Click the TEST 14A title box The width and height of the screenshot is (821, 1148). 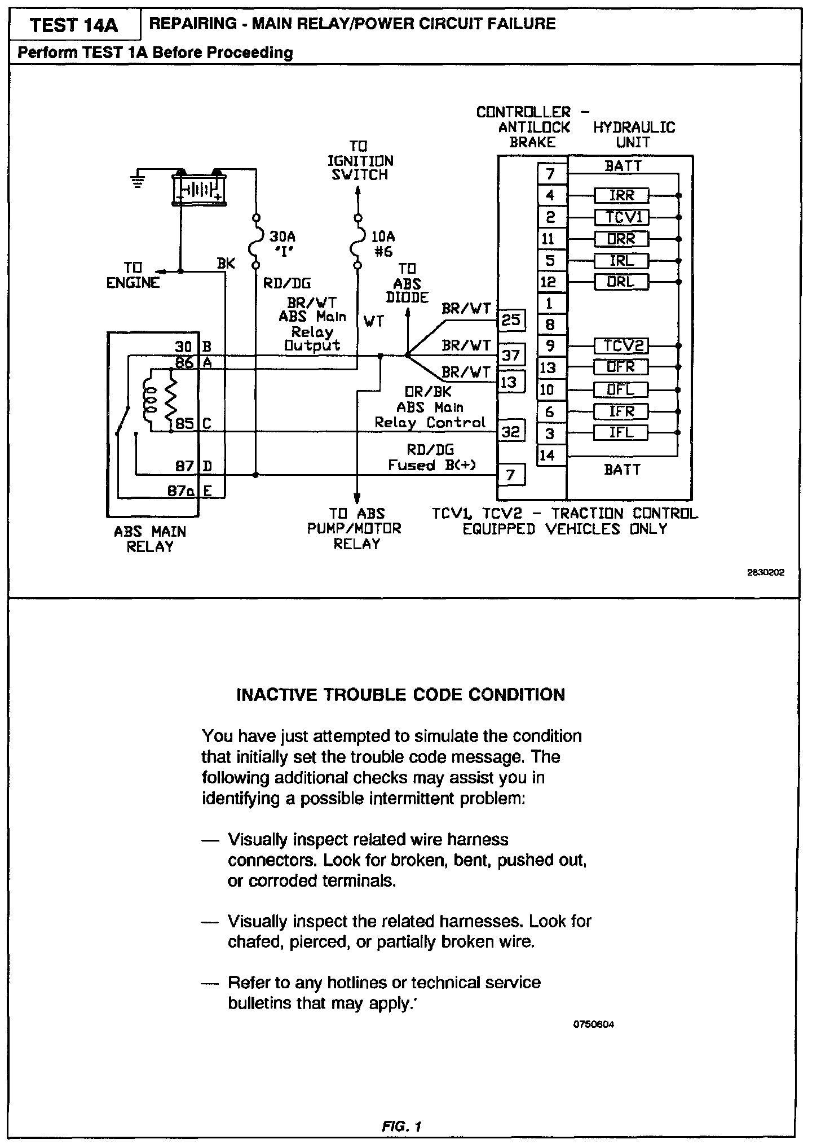75,26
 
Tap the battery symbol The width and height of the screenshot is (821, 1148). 198,187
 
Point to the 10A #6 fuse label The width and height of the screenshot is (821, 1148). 383,244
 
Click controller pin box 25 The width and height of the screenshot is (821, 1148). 511,321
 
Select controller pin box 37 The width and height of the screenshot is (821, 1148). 511,355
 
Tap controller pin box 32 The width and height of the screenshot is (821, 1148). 511,432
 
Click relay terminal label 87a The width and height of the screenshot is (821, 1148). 180,491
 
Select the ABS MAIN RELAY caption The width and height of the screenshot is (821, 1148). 150,539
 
